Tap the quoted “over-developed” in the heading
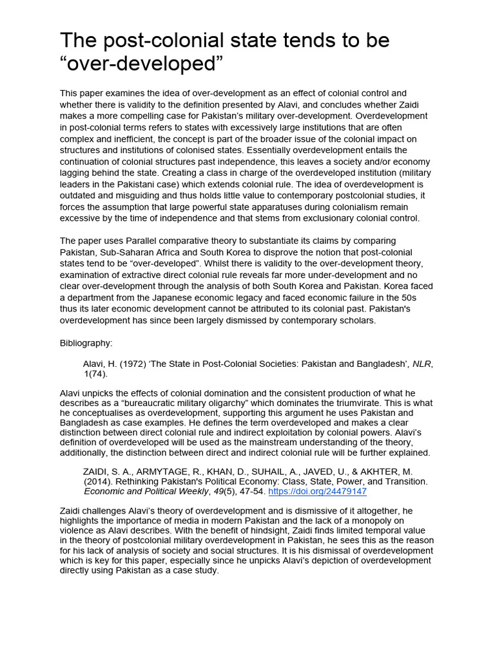[141, 64]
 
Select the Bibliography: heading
[86, 343]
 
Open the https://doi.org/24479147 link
[317, 491]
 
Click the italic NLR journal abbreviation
[422, 364]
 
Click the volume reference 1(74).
[95, 373]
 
